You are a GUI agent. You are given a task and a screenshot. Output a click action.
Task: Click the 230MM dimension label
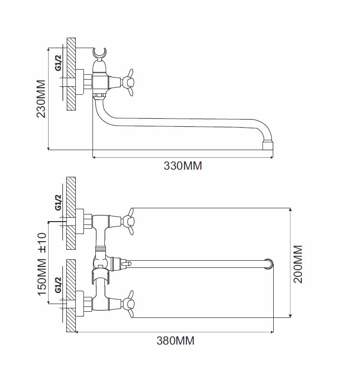tap(41, 99)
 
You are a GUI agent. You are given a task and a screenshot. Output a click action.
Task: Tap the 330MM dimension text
tap(183, 165)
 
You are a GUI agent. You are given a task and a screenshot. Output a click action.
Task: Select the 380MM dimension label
tap(175, 341)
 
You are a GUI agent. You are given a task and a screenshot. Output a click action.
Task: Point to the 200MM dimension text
tap(298, 264)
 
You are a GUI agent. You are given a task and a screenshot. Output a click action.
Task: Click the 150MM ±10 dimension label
tap(42, 264)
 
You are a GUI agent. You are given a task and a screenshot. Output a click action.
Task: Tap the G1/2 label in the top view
tap(58, 63)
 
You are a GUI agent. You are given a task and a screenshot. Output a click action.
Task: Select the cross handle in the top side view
tap(128, 82)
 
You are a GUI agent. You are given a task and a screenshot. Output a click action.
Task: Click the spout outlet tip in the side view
tap(267, 145)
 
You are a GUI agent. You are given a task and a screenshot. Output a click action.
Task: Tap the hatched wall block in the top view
tap(71, 74)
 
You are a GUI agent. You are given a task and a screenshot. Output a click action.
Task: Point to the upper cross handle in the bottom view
tap(128, 221)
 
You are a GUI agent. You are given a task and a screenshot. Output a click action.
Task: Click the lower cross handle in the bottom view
tap(128, 304)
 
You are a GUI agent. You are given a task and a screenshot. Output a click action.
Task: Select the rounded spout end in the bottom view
tap(269, 264)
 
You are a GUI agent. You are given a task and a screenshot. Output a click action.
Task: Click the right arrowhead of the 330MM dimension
tap(272, 157)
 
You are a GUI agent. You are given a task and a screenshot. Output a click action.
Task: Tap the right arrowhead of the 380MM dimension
tap(272, 332)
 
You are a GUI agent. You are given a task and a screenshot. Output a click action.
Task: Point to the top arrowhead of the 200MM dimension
tap(290, 210)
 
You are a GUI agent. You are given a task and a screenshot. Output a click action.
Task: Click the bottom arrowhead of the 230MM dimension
tap(48, 148)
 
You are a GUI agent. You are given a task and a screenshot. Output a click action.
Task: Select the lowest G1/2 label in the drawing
tap(58, 285)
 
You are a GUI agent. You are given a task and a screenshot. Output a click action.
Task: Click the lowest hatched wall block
tap(71, 295)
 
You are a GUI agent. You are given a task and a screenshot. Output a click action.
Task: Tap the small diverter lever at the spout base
tap(126, 264)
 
